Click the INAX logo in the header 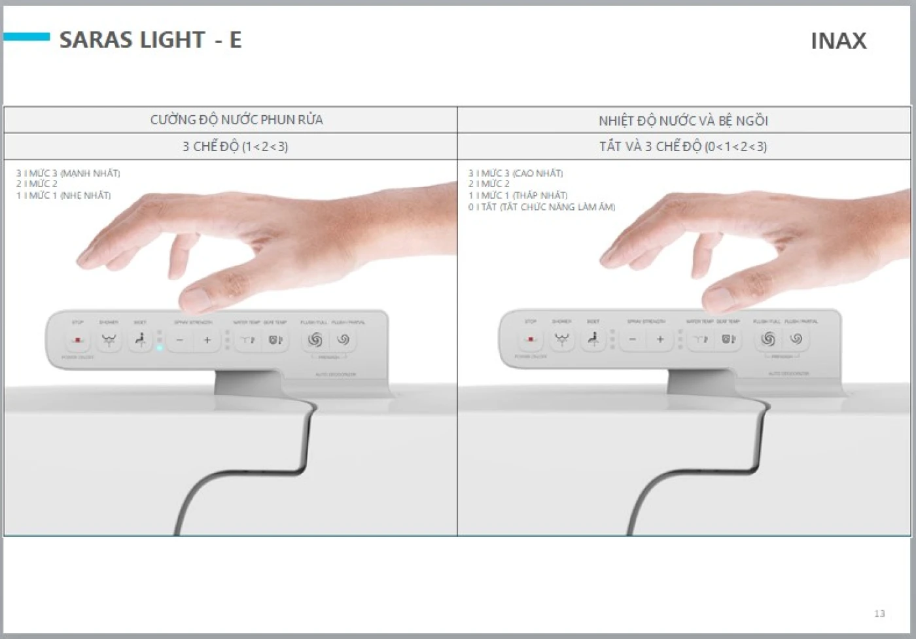(838, 41)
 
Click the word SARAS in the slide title (96, 40)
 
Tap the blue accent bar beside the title (26, 37)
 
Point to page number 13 (879, 613)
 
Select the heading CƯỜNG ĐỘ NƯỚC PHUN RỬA (236, 120)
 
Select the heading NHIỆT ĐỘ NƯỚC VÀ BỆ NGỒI (683, 120)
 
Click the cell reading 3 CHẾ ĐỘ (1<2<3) (235, 147)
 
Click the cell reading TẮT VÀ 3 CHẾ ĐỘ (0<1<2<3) (683, 147)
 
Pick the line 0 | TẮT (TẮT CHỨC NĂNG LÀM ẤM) (542, 207)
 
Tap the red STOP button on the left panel (78, 340)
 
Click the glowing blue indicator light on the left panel (159, 348)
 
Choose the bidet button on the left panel (140, 339)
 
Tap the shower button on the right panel (561, 339)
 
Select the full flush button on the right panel (768, 339)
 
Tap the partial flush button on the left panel (343, 339)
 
